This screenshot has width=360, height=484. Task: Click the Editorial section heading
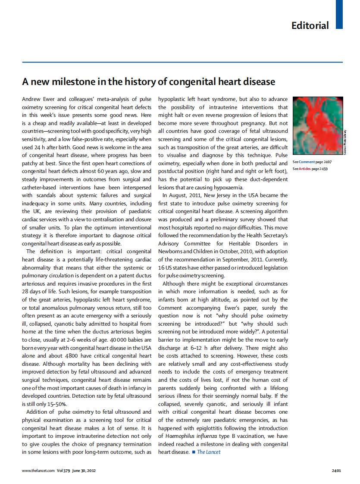click(310, 25)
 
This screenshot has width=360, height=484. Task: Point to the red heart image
click(318, 126)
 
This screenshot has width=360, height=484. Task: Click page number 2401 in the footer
click(337, 471)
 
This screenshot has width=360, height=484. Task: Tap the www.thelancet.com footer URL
click(38, 471)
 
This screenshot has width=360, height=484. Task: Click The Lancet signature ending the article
click(209, 452)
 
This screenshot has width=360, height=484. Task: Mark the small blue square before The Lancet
click(194, 452)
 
